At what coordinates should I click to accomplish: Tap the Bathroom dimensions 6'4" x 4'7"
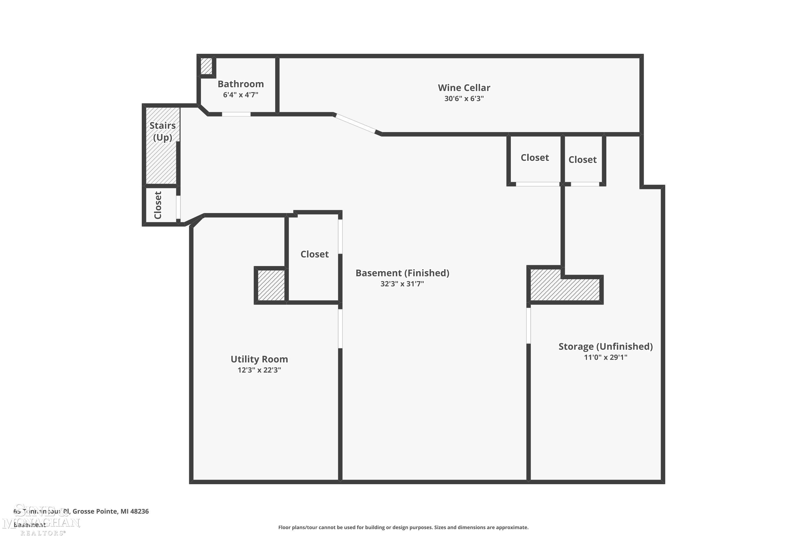point(240,95)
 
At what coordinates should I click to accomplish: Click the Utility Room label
point(259,359)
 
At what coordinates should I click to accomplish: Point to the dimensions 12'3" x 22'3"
point(259,370)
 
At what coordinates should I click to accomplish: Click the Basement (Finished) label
point(402,273)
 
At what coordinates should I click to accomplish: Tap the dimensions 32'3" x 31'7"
point(402,284)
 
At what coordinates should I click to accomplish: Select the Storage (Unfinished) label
point(605,346)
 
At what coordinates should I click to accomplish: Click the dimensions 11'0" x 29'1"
point(605,358)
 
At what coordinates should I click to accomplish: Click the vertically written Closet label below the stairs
point(158,205)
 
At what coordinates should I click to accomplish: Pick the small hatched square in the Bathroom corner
point(206,66)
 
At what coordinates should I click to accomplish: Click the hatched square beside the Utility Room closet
point(271,285)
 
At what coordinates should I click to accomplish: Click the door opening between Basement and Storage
point(528,325)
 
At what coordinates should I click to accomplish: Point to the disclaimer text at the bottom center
point(403,527)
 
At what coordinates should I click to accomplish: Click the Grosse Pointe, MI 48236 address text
point(111,511)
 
